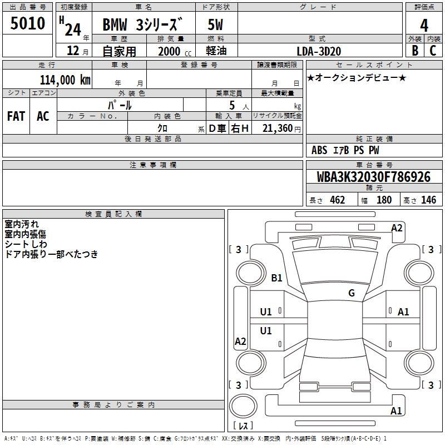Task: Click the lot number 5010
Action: [28, 24]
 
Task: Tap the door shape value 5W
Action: [215, 25]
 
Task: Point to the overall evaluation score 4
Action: [424, 25]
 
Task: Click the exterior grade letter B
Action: [414, 50]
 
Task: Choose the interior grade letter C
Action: [433, 50]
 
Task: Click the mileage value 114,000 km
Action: [65, 80]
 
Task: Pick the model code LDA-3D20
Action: [319, 51]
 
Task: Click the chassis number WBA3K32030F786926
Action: [373, 177]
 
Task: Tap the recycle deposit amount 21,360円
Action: [281, 128]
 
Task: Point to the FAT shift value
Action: [16, 116]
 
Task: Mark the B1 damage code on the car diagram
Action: [276, 278]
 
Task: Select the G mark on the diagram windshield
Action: [352, 293]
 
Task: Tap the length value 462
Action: [337, 200]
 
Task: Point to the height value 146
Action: [428, 200]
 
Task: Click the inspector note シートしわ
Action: [26, 244]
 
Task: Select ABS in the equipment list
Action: [319, 150]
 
